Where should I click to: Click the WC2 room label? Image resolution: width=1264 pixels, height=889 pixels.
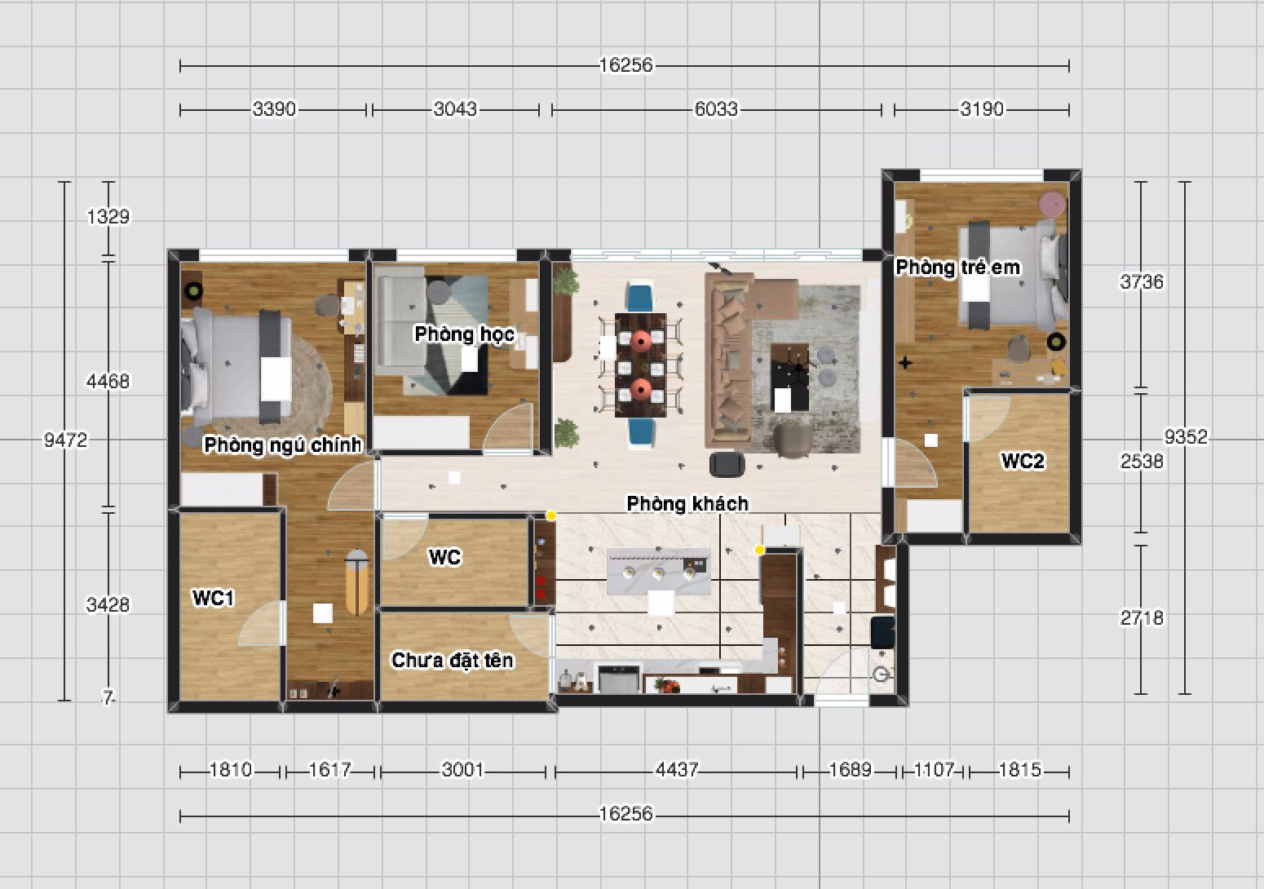pos(1023,461)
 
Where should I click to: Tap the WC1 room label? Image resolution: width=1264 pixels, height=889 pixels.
pos(213,599)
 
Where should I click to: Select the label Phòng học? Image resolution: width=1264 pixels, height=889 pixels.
pos(464,334)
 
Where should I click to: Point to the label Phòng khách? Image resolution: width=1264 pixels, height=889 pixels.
pos(687,503)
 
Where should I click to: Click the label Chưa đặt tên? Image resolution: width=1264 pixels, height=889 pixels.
pos(452,660)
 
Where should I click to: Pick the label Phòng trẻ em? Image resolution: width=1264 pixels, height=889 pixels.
pos(957,267)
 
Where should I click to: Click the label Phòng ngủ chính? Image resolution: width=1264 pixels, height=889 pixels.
pos(282,445)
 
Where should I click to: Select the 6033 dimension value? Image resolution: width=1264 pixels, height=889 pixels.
pos(716,108)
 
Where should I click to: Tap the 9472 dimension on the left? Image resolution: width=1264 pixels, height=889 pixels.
pos(65,440)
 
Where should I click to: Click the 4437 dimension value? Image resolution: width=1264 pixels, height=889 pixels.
pos(677,769)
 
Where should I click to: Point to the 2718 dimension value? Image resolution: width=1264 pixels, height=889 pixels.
pos(1142,618)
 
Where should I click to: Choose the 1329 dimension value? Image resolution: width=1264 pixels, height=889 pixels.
pos(108,216)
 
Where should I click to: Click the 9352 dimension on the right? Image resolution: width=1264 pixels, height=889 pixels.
pos(1186,436)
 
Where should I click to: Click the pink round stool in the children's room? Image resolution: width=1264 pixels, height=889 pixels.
pos(1053,205)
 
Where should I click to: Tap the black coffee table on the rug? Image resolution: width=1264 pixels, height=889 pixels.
pos(790,377)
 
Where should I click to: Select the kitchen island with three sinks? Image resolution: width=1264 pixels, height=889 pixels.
pos(659,571)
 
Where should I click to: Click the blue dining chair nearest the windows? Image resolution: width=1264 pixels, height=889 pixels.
pos(639,298)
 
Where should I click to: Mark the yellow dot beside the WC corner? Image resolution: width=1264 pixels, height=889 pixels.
pos(551,516)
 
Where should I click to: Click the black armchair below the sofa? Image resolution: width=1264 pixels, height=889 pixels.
pos(727,464)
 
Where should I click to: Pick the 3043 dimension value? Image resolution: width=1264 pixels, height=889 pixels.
pos(455,108)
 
